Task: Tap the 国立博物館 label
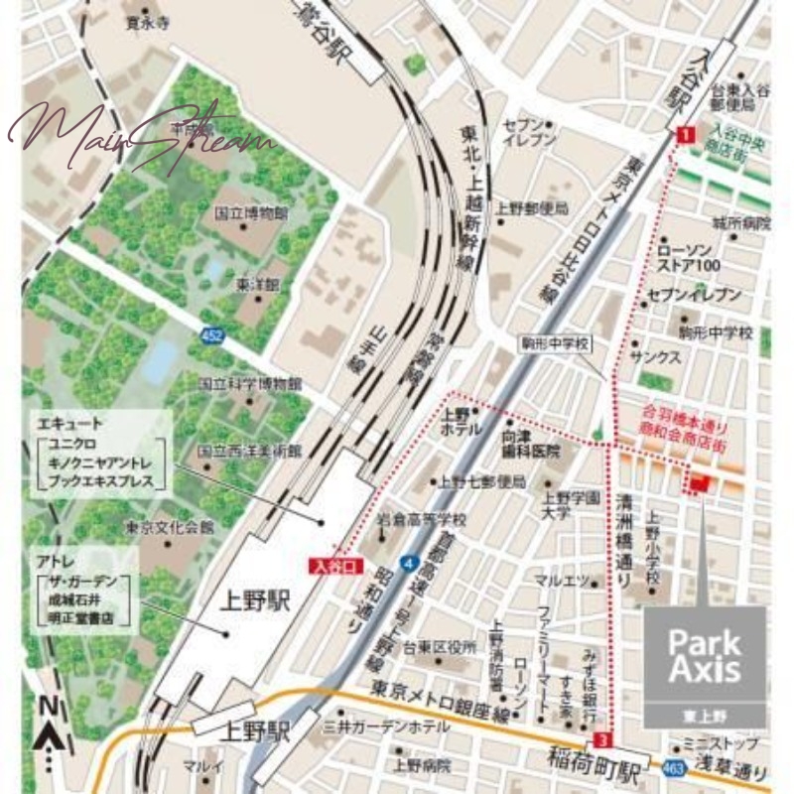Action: (x=251, y=213)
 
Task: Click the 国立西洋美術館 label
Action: (x=249, y=450)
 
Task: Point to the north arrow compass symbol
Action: (x=50, y=729)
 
